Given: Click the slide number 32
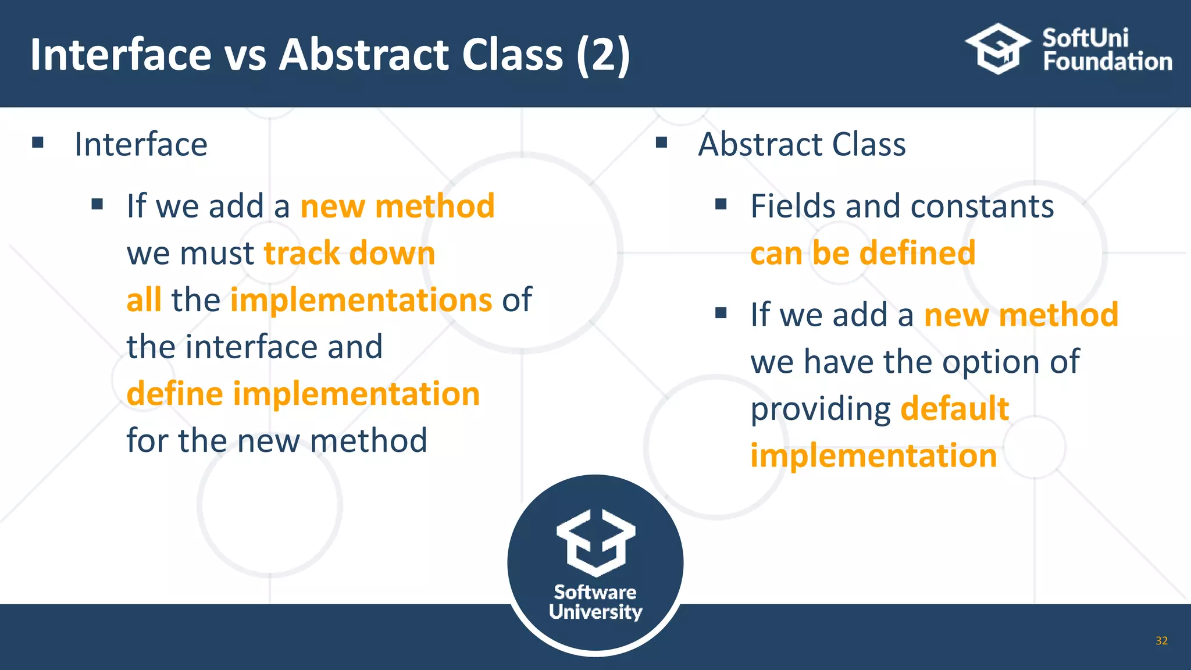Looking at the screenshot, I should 1161,640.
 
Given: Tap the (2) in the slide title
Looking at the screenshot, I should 603,55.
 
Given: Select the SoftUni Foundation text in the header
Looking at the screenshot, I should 1107,50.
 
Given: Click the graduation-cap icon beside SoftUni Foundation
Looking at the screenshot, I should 998,49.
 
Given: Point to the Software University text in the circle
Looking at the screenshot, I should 595,602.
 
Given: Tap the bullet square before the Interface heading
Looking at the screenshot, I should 38,142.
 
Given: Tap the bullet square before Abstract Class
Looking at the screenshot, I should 661,142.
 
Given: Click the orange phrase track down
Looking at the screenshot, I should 350,254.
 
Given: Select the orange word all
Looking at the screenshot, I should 144,300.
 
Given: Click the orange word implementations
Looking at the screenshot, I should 361,300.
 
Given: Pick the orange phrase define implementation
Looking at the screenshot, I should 303,394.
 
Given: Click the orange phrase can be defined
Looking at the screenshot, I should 862,254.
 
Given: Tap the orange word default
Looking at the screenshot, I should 954,408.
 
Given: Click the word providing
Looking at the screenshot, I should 820,409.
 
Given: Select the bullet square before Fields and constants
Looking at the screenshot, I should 721,204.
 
